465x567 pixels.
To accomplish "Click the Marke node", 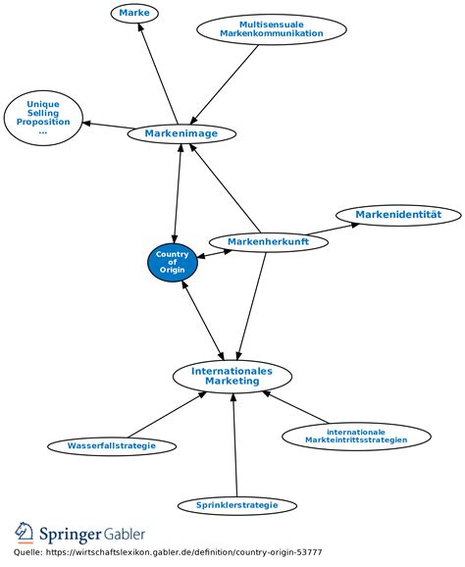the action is [134, 13].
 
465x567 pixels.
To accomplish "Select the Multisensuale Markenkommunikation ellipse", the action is [272, 29].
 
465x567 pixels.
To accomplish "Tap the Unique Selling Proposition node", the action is [43, 118].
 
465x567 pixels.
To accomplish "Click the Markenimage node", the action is [181, 133].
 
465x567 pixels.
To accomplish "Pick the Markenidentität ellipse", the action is [398, 215].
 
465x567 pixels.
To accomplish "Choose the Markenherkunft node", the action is [269, 242].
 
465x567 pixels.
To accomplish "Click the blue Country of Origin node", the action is [173, 262].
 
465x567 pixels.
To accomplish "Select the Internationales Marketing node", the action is [232, 376].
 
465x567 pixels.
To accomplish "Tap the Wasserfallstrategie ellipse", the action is [112, 445].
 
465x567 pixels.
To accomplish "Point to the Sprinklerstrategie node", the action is [237, 505].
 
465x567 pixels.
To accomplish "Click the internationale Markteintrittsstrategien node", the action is [356, 437].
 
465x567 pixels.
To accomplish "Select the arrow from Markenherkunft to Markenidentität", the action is [333, 229].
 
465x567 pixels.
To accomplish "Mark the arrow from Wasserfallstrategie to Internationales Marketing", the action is [167, 415].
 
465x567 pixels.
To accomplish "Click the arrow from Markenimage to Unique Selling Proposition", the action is [107, 126].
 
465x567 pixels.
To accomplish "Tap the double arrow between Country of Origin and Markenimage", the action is [178, 193].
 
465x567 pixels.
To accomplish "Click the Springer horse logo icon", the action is [24, 533].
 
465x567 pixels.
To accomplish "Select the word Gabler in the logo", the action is [125, 534].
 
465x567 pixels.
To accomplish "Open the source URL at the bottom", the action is [184, 552].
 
